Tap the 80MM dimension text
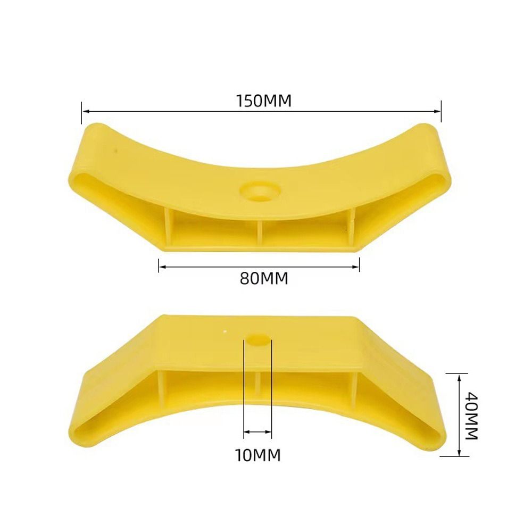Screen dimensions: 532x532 point(263,278)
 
